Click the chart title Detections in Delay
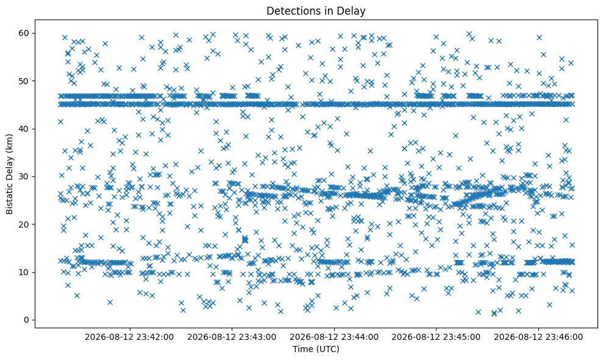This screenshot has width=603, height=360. [x=316, y=11]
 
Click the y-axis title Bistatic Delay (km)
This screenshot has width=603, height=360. [x=9, y=174]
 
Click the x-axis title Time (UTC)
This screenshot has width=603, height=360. [x=316, y=349]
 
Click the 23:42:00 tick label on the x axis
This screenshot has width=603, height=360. [x=129, y=337]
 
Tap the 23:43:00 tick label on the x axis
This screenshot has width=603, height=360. [x=232, y=337]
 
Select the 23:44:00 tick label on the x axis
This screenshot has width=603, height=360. [x=334, y=337]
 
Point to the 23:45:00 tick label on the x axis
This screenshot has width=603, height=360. [x=436, y=337]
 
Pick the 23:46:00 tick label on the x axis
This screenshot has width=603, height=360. [x=538, y=337]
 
